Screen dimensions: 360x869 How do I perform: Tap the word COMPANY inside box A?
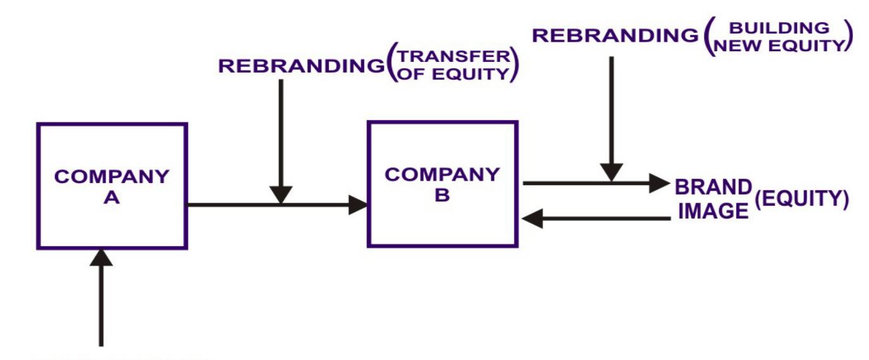point(112,176)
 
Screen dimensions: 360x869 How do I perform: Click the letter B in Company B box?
point(442,196)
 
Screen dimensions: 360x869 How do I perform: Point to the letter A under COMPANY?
point(112,196)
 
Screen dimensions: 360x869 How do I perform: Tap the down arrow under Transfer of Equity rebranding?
point(281,139)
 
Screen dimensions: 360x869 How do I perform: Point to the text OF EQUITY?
point(453,75)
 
